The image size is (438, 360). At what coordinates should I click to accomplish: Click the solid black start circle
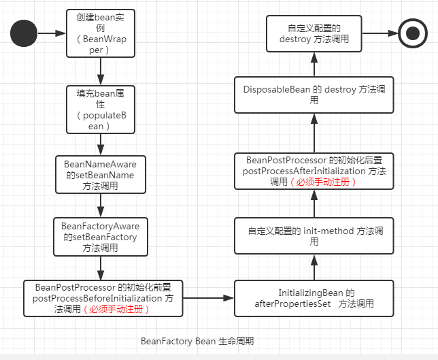coord(24,33)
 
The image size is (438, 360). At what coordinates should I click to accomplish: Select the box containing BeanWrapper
coord(101,33)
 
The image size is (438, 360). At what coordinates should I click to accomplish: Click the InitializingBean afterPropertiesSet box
coord(314,298)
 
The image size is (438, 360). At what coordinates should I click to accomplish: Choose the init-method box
coord(314,236)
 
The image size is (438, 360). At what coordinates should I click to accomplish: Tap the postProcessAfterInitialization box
coord(314,171)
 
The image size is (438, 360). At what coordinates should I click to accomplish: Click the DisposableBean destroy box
coord(314,95)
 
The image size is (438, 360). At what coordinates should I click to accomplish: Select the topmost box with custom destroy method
coord(314,33)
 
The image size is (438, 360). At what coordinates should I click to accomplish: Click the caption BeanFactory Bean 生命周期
coord(197,340)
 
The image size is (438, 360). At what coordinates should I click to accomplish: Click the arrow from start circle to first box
coord(52,33)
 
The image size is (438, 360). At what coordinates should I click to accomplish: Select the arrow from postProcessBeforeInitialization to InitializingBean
coord(208,298)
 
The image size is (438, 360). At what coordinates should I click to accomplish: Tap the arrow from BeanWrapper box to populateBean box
coord(101,71)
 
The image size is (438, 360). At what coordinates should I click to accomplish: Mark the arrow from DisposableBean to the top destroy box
coord(314,64)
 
